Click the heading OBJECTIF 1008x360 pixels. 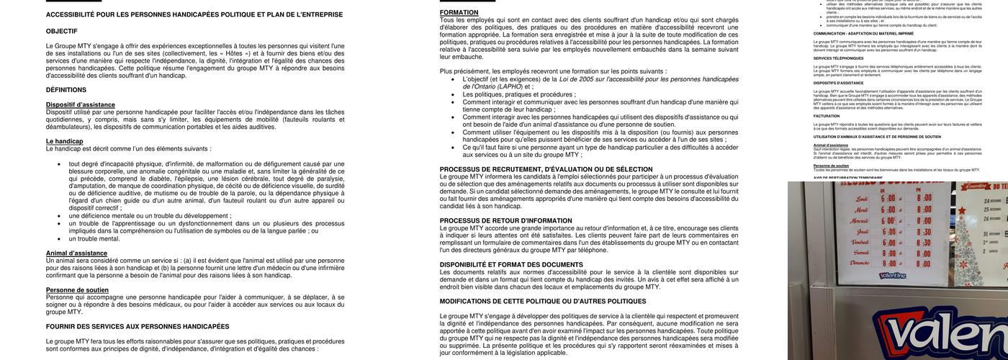click(x=61, y=31)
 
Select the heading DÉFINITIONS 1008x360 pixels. click(x=66, y=90)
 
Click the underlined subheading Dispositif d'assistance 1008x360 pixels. click(x=80, y=104)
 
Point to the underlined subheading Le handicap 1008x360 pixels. click(x=64, y=141)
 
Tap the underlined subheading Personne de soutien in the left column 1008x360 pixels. click(x=77, y=290)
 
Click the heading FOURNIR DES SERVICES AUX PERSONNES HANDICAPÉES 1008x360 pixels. click(x=138, y=326)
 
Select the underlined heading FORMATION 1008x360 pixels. click(x=459, y=12)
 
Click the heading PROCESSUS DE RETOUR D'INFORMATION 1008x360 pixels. click(x=505, y=220)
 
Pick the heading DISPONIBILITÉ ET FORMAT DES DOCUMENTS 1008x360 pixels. click(x=511, y=264)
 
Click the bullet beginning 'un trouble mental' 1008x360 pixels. click(x=94, y=238)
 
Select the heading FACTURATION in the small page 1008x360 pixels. click(x=827, y=116)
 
